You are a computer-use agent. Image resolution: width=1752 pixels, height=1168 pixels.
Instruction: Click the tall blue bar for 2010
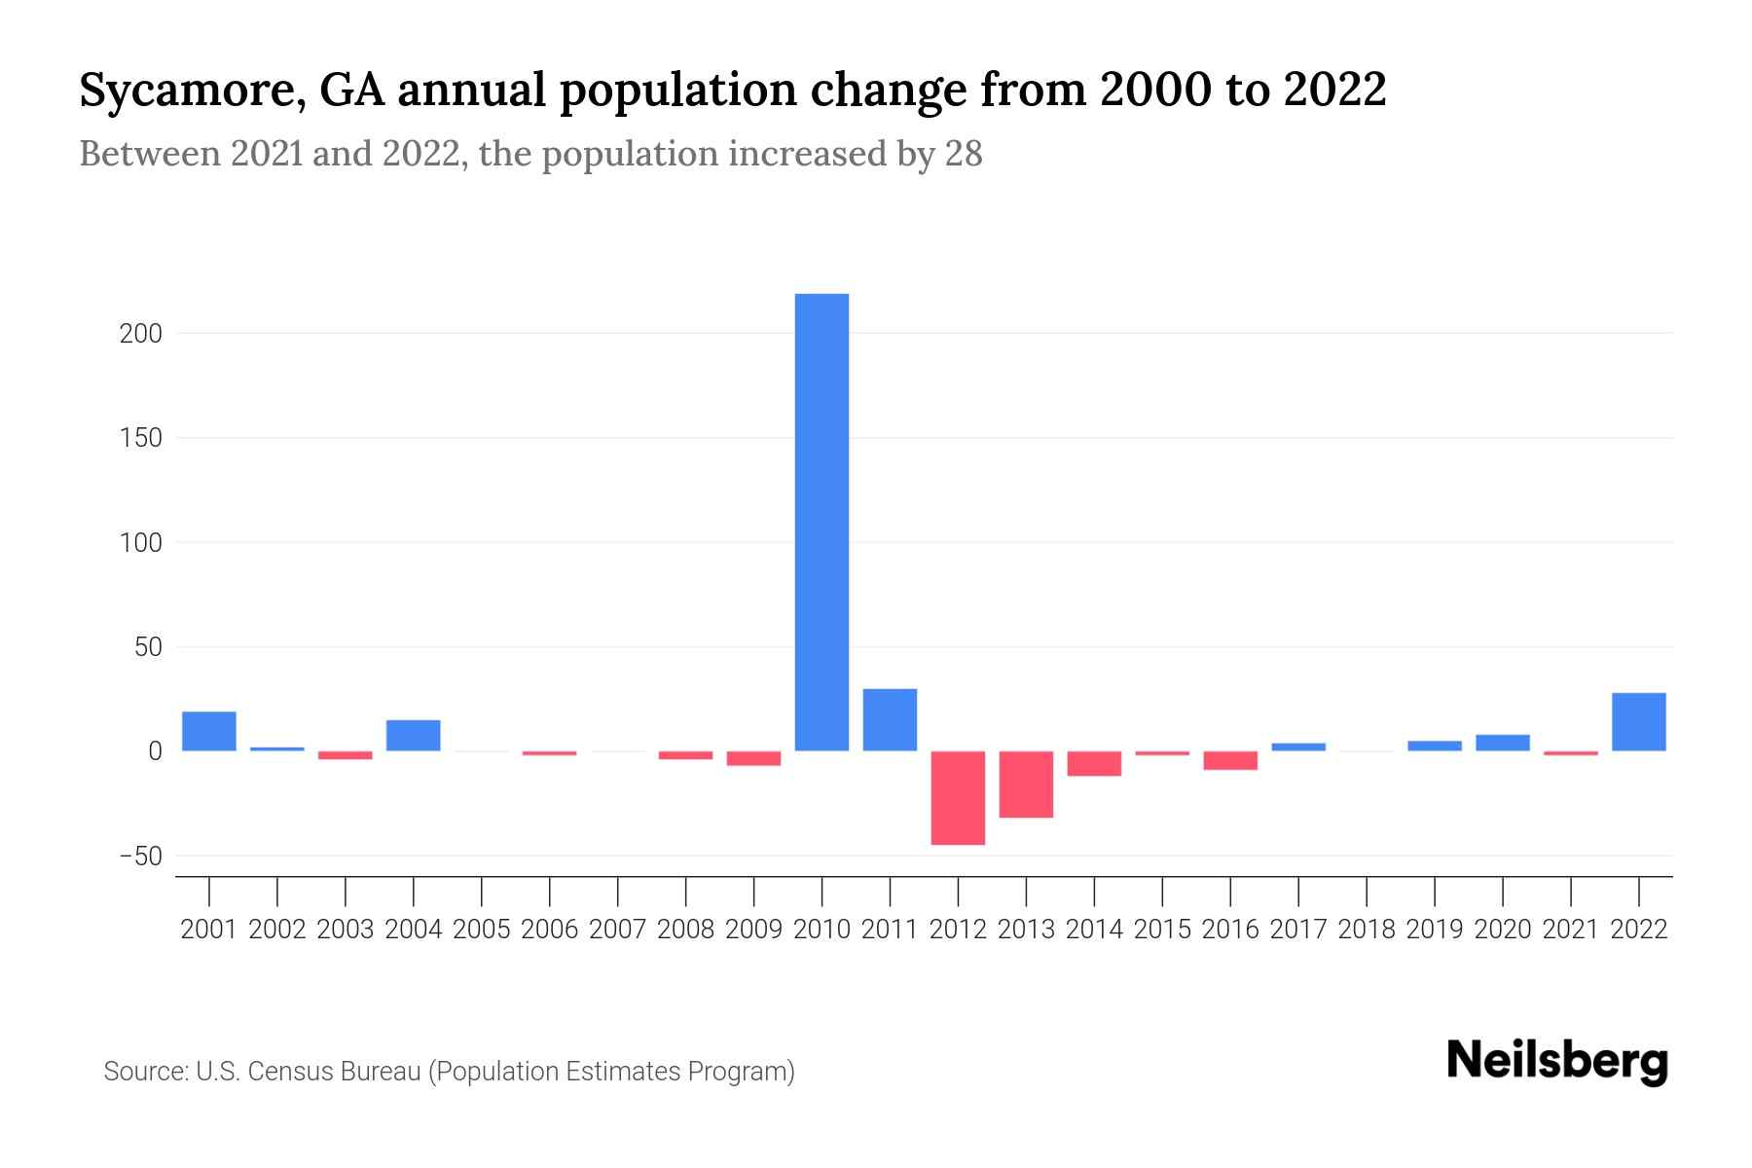click(x=821, y=522)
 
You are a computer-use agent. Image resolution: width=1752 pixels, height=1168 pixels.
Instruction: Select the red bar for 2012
click(x=958, y=797)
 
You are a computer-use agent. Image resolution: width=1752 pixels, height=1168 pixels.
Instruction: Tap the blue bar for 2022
click(x=1639, y=721)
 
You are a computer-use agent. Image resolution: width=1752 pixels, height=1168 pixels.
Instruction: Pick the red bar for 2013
click(x=1026, y=785)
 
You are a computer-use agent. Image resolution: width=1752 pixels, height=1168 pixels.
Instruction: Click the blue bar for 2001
click(x=209, y=731)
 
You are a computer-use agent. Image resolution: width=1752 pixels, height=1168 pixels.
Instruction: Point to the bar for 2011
click(x=890, y=719)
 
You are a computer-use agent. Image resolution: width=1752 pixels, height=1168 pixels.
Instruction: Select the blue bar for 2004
click(x=414, y=735)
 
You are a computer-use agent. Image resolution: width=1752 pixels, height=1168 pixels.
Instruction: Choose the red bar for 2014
click(x=1094, y=763)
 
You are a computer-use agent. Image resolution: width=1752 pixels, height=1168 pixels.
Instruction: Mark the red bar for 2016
click(x=1230, y=760)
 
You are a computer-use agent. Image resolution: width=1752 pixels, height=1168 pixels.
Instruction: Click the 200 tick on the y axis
click(x=140, y=334)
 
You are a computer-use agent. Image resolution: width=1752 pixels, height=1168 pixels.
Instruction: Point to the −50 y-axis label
click(x=139, y=857)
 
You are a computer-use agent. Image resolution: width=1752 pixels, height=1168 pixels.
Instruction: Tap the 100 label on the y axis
click(x=140, y=543)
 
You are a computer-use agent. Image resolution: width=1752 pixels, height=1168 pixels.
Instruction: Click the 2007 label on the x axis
click(x=618, y=930)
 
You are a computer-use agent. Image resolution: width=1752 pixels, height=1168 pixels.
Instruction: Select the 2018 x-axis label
click(x=1367, y=930)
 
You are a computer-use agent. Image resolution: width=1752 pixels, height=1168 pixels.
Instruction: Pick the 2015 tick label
click(x=1162, y=930)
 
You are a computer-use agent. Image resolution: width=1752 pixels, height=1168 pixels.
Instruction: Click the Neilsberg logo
click(x=1557, y=1062)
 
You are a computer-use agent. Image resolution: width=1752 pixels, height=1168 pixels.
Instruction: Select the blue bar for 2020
click(x=1503, y=743)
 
